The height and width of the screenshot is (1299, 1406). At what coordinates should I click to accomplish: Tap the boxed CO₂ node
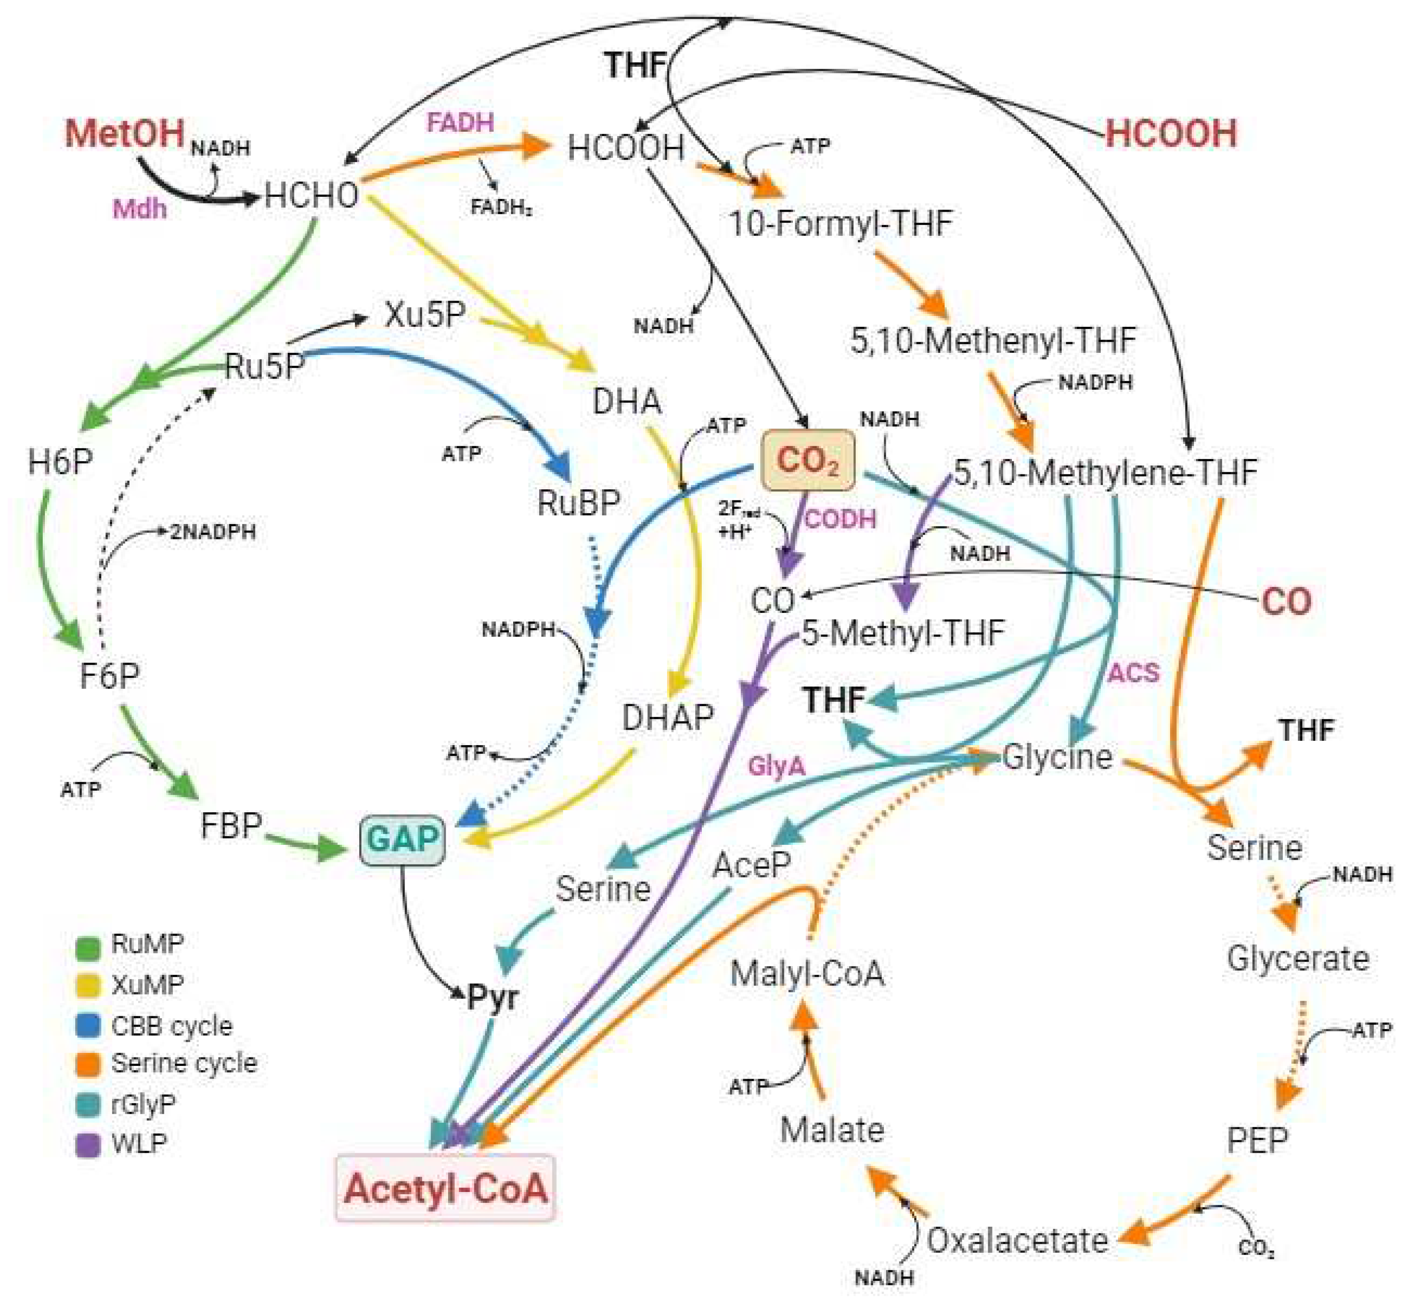click(808, 460)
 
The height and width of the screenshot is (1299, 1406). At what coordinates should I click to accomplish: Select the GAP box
click(402, 839)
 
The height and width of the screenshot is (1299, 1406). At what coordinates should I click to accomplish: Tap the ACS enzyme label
click(1133, 673)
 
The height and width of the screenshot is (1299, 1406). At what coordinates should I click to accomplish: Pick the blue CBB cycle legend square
click(88, 1026)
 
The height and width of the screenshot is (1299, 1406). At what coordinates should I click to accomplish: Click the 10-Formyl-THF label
click(840, 224)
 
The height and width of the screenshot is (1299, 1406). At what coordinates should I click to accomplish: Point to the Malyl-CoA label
click(806, 974)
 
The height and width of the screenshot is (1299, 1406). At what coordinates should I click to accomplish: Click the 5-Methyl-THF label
click(903, 633)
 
